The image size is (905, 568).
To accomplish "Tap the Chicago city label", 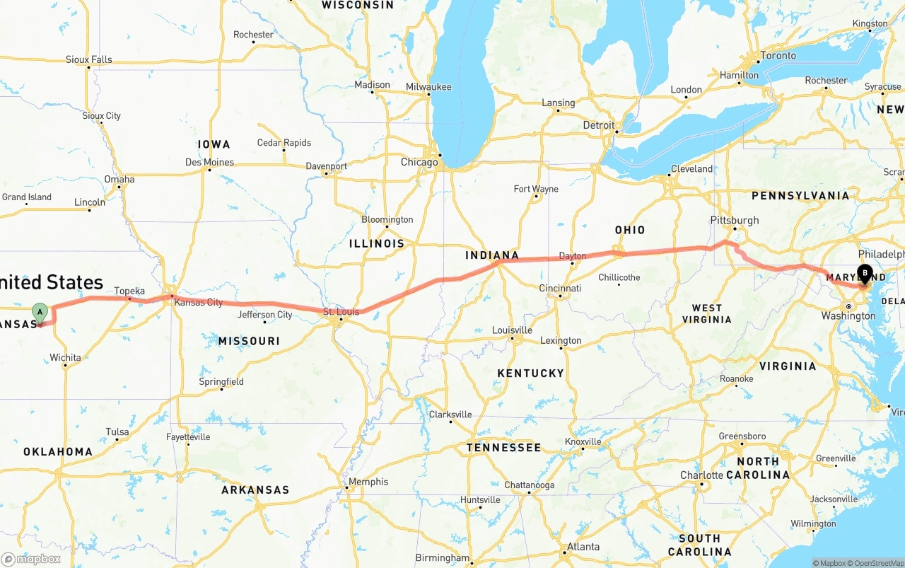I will [419, 162].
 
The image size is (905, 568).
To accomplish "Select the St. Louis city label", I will [341, 311].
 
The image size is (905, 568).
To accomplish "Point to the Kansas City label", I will [198, 302].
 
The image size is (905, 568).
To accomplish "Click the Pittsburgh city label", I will [736, 220].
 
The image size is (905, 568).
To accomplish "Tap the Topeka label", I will [129, 291].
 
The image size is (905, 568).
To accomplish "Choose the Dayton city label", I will [572, 256].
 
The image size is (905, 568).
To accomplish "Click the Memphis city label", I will [368, 482].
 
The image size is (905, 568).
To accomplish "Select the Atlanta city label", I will [583, 546].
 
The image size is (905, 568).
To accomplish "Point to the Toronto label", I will [778, 55].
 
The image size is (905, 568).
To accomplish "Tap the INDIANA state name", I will [492, 255].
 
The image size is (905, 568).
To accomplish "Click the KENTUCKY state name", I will [530, 373].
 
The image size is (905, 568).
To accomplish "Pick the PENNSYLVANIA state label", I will [800, 195].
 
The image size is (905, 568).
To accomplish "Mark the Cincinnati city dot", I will [559, 296].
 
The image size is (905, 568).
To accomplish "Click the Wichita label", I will [65, 357].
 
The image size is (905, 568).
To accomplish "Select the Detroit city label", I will [599, 124].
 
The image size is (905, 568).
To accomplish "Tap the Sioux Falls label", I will [88, 59].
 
